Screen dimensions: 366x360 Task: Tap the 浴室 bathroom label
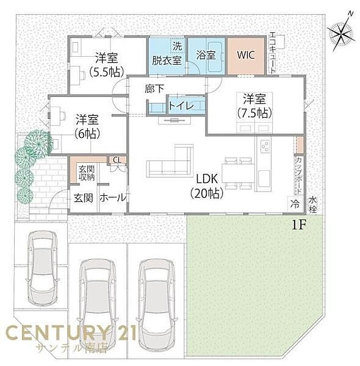(207, 54)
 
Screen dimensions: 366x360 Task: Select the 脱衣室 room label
(167, 60)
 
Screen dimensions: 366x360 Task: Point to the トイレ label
(181, 106)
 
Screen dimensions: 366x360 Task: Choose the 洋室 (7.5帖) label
(255, 106)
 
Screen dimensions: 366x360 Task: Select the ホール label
(113, 198)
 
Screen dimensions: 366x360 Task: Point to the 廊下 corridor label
(154, 88)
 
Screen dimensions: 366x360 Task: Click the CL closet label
(117, 160)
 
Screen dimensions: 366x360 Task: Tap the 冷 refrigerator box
(295, 204)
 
